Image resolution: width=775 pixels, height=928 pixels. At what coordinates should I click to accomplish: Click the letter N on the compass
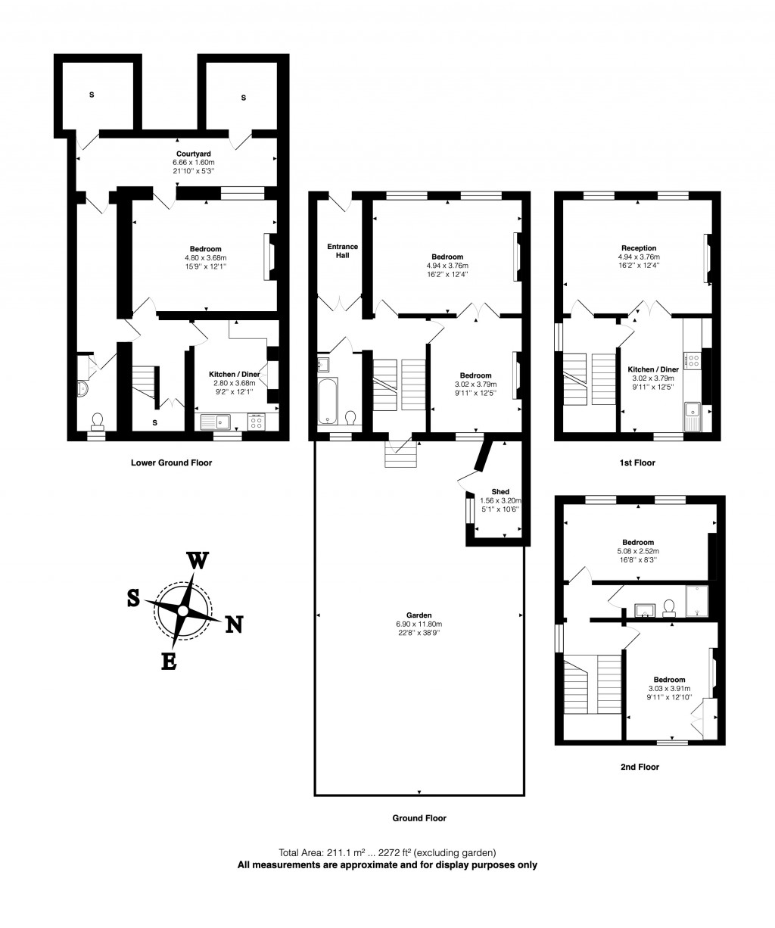pos(235,624)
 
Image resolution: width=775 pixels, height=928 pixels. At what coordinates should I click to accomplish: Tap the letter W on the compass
pos(198,561)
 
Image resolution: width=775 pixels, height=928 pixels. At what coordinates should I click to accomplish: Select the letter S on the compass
pos(133,598)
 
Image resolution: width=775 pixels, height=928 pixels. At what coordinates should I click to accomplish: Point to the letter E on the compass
pos(170,661)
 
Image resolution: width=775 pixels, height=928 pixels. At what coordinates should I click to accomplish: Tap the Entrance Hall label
pos(342,251)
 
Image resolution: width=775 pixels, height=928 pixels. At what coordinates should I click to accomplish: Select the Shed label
pos(500,491)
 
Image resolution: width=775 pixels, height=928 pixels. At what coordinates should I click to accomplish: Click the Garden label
pos(418,615)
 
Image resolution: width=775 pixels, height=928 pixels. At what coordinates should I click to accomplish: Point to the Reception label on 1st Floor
pos(638,248)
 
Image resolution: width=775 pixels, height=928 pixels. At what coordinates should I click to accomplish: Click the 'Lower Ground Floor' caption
pos(171,462)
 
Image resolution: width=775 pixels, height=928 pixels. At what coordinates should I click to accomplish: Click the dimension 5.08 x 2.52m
pos(638,551)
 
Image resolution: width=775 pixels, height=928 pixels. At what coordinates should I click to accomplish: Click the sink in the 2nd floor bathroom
pos(645,608)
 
